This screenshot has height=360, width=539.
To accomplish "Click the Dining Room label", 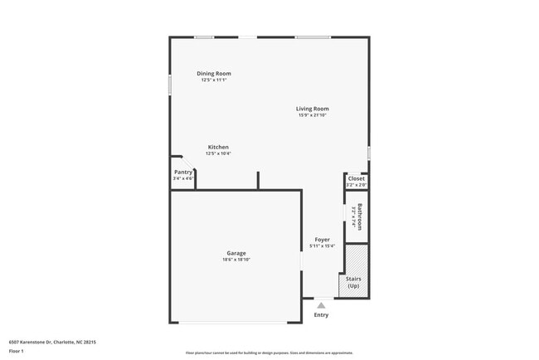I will (214, 73).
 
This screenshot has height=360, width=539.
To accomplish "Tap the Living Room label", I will (313, 109).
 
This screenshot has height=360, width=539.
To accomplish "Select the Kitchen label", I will (218, 147).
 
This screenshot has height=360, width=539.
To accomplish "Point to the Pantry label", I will (182, 172).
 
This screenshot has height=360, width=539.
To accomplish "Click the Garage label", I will (236, 253).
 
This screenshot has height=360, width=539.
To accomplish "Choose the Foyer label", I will (322, 239).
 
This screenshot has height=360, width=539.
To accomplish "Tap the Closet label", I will (357, 178).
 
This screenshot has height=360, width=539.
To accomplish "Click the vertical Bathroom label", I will (361, 217).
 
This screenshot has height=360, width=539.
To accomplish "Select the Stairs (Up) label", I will (353, 282).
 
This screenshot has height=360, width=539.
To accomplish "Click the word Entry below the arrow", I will (321, 315).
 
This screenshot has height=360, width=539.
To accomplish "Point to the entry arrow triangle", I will (321, 304).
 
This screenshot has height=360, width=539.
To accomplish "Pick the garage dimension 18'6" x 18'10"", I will (236, 260).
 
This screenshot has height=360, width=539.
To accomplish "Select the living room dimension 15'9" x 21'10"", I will (313, 115).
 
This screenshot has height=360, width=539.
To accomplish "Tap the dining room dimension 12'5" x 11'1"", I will (214, 80).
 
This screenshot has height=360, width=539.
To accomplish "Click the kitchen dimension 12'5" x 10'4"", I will (218, 153).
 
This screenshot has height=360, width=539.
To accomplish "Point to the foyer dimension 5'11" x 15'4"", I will (322, 246).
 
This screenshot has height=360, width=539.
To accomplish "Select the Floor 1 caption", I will (16, 352).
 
